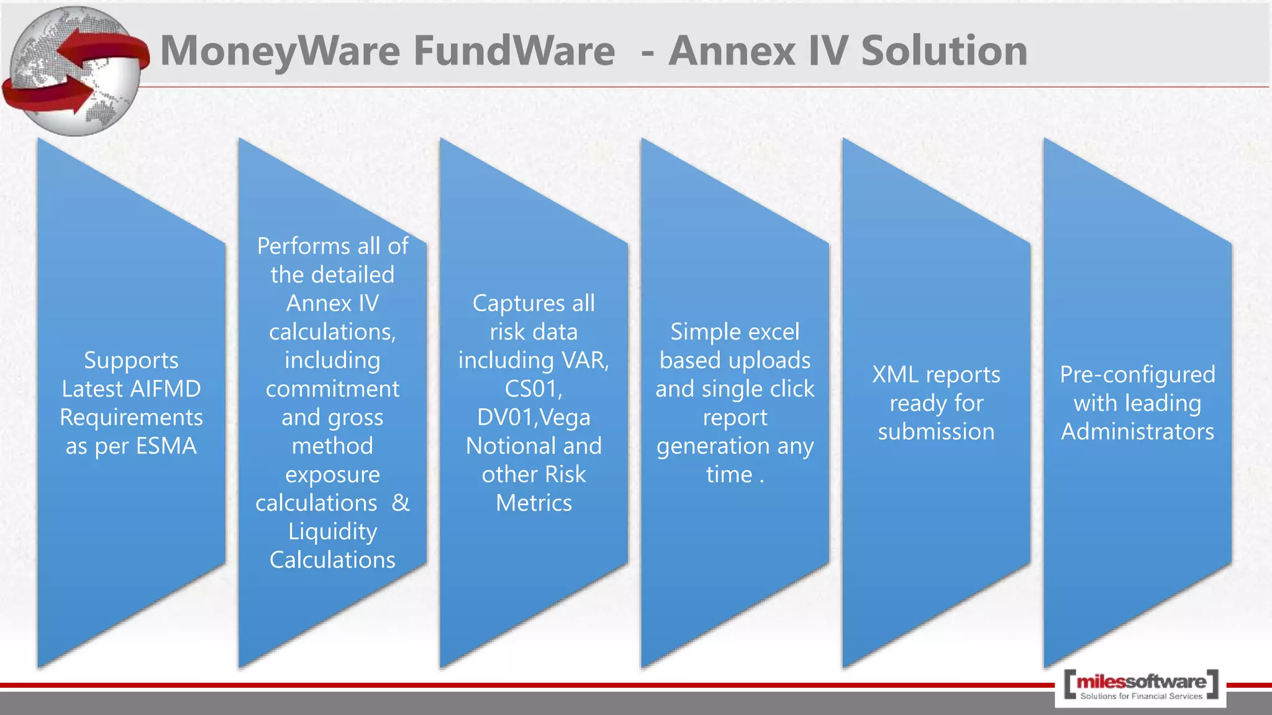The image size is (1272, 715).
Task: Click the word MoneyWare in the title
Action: click(280, 51)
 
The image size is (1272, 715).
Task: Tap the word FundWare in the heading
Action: click(514, 51)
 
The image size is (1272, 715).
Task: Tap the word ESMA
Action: click(166, 446)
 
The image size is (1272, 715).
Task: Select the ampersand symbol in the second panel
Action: click(401, 503)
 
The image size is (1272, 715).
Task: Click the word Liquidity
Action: click(332, 532)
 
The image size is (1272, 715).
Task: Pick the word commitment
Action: click(332, 389)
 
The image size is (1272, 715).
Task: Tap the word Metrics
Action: click(534, 503)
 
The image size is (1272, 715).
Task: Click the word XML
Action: click(895, 375)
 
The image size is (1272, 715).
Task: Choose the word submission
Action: click(936, 432)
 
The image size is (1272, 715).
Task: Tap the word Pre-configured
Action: click(1137, 375)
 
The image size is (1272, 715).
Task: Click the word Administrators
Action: click(1137, 432)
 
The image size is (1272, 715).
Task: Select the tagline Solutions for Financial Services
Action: click(1141, 696)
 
